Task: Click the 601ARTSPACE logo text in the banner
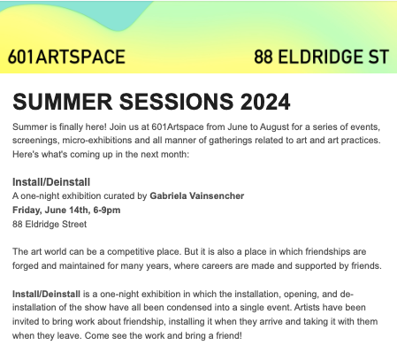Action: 66,57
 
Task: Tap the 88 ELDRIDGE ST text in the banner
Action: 322,57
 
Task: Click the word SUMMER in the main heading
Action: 63,102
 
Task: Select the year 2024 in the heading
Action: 265,102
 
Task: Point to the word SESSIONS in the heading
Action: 176,102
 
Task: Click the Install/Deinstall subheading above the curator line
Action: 51,182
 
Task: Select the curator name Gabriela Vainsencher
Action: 197,195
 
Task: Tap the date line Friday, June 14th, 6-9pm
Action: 66,210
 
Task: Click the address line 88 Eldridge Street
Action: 50,224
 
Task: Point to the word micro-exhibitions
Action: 97,140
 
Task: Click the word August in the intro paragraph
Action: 274,126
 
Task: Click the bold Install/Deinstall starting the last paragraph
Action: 46,294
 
